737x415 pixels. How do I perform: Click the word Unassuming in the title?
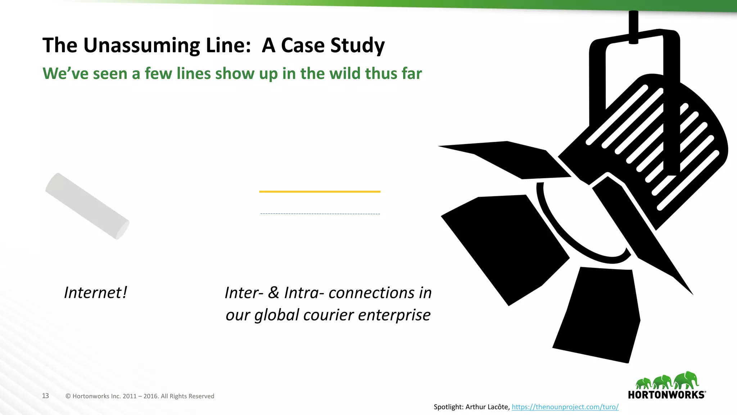point(141,46)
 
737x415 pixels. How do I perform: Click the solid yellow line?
point(320,192)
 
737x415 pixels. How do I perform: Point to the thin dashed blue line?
point(320,214)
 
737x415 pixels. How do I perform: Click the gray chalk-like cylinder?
point(87,206)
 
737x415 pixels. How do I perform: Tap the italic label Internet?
point(95,293)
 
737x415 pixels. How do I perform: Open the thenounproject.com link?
point(565,407)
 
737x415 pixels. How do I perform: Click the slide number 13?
point(45,396)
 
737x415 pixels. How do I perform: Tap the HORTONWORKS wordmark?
point(666,395)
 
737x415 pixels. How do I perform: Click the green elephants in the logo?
point(667,381)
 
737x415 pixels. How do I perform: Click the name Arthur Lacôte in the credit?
point(487,407)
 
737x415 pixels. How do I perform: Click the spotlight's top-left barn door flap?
point(511,159)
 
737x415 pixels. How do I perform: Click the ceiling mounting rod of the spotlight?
point(633,27)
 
